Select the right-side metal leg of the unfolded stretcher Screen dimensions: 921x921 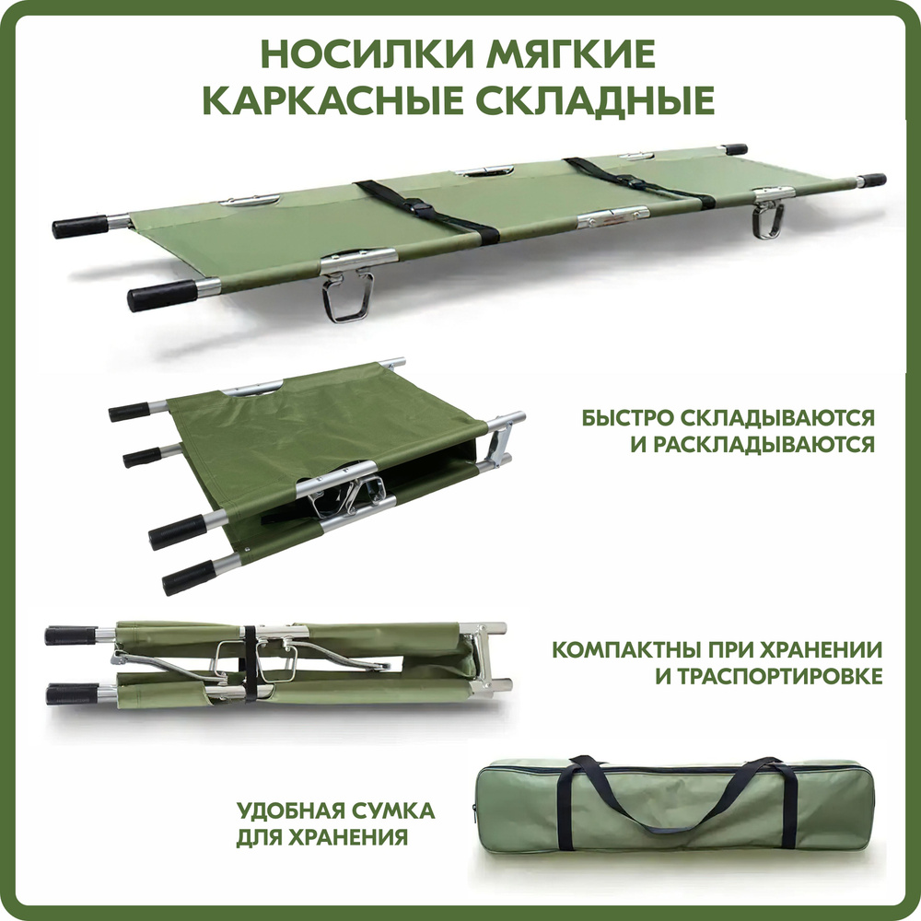point(768,218)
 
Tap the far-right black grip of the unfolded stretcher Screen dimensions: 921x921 point(871,181)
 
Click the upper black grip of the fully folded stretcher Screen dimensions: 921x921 point(71,635)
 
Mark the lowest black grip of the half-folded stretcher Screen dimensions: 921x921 point(189,577)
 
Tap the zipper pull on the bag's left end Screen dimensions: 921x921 point(474,809)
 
